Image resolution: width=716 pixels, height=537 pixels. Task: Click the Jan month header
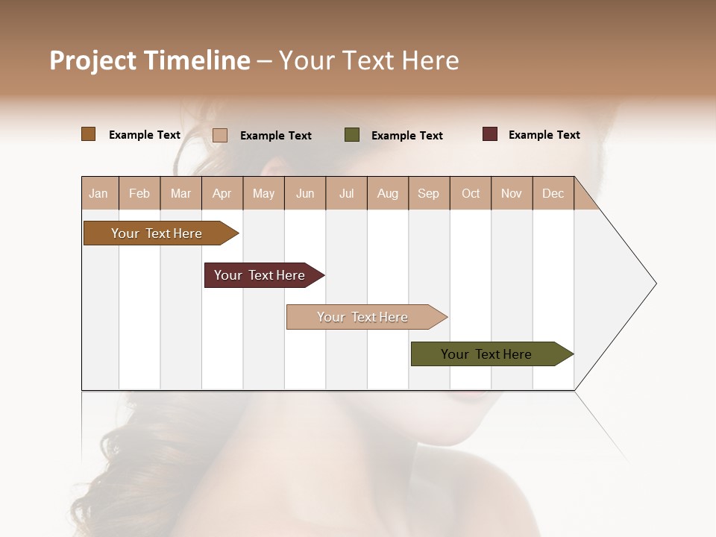[99, 193]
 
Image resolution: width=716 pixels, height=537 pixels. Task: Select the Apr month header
[222, 193]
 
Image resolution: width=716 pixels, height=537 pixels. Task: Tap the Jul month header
[347, 193]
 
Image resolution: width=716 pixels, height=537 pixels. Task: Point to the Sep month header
[429, 193]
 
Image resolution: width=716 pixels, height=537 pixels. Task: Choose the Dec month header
[553, 193]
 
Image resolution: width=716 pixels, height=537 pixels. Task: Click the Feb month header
[139, 193]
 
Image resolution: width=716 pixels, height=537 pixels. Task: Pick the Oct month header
[471, 193]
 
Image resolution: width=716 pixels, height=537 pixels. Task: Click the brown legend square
[89, 134]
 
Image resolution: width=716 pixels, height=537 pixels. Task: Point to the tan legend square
[220, 135]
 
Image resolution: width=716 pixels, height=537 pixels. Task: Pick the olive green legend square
[352, 135]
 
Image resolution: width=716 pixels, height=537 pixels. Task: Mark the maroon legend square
[489, 134]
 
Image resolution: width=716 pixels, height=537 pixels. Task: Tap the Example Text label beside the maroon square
[544, 135]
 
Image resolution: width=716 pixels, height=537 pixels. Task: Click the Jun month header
[305, 193]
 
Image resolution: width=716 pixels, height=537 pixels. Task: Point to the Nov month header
[512, 193]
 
